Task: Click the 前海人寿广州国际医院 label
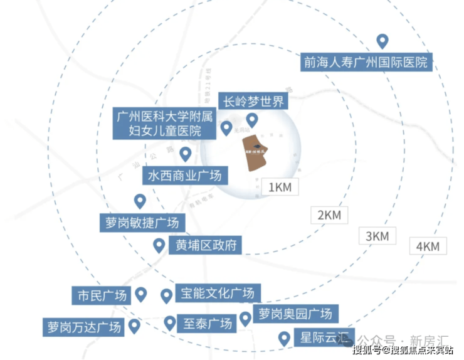(366, 62)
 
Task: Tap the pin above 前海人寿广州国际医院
(382, 41)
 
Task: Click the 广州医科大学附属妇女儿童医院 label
(164, 124)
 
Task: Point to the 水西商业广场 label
(184, 174)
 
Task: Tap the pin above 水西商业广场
(185, 153)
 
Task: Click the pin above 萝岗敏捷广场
(140, 201)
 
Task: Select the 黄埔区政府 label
(205, 245)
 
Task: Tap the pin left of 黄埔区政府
(159, 245)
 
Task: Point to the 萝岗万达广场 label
(83, 327)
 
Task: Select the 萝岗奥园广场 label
(295, 313)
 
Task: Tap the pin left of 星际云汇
(284, 339)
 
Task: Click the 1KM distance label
(279, 187)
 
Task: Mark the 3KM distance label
(377, 236)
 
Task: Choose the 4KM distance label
(428, 246)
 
